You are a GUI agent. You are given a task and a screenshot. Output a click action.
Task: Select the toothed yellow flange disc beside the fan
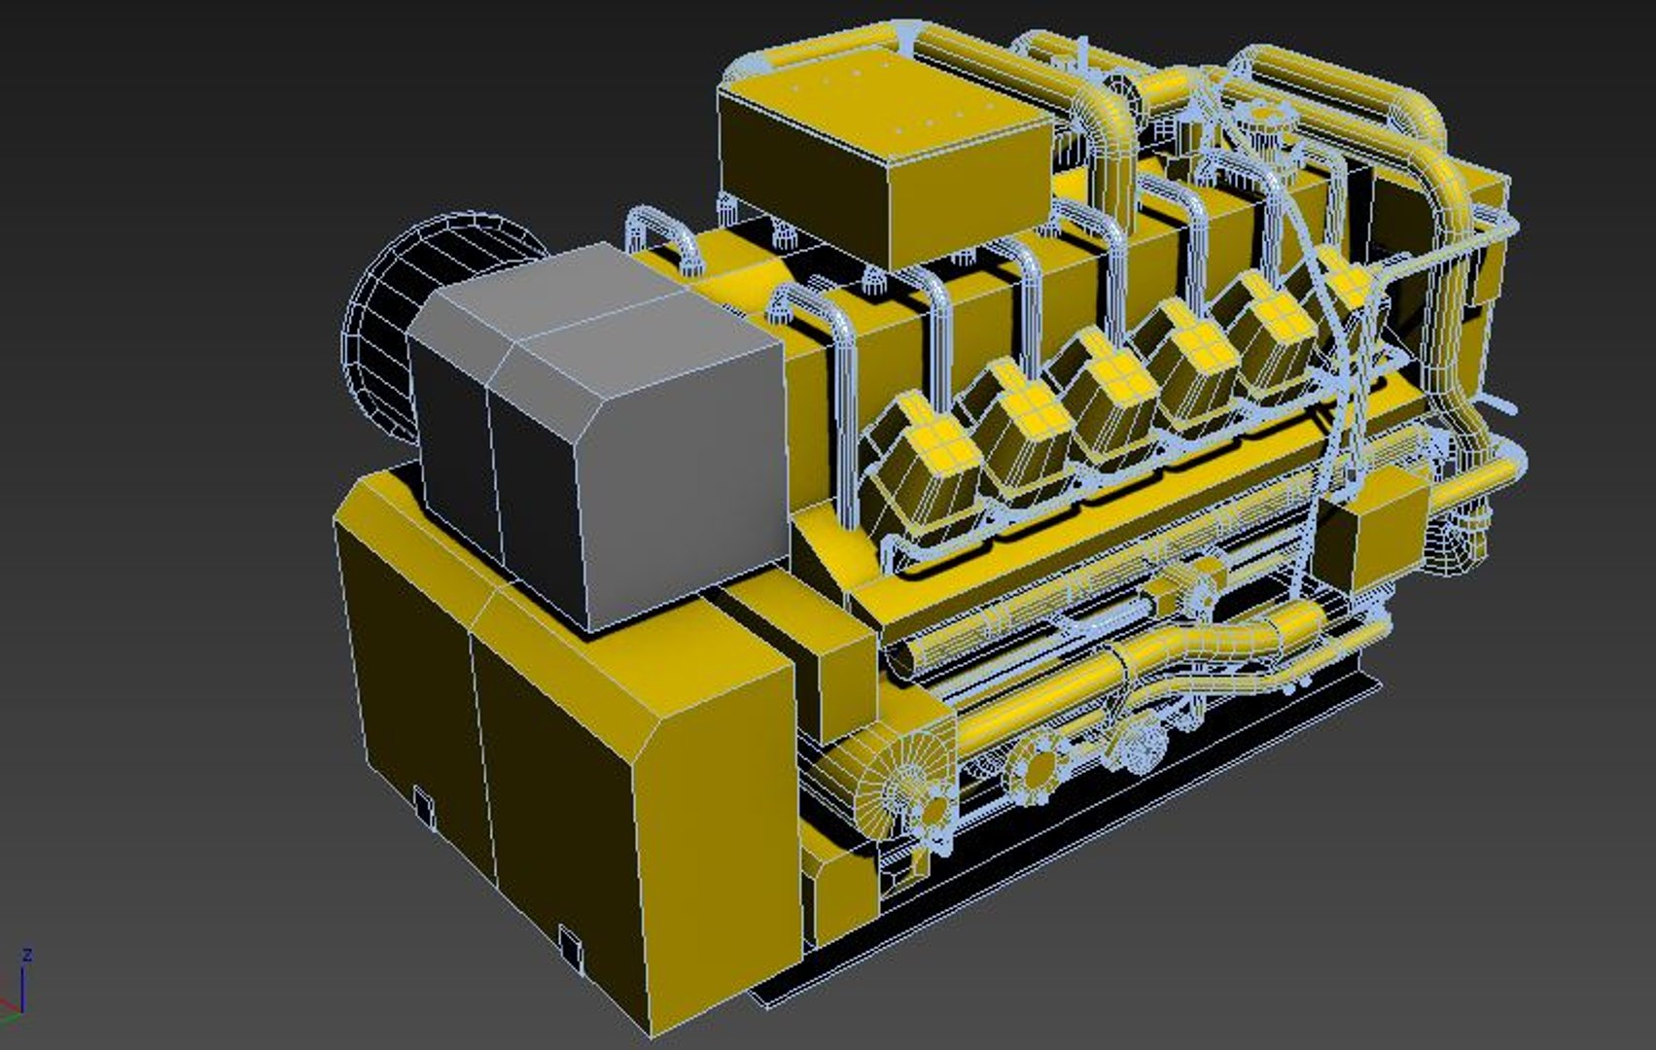(x=1034, y=768)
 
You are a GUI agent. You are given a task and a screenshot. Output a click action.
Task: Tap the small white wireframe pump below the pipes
(x=1140, y=744)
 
